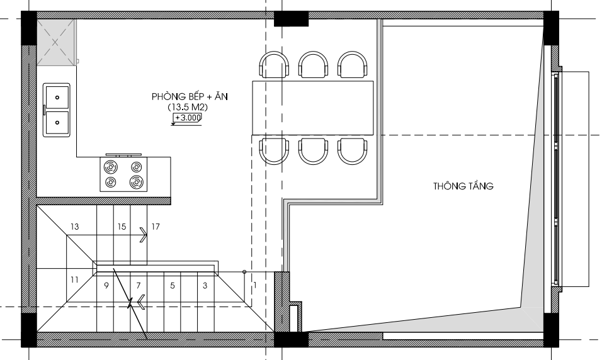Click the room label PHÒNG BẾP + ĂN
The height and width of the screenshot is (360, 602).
(190, 96)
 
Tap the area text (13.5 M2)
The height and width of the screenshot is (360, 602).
(188, 107)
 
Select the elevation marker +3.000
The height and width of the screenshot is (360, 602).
(187, 118)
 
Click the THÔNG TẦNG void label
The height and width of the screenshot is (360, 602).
(463, 186)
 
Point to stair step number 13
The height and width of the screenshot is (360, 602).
(75, 227)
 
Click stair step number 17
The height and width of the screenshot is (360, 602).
(156, 227)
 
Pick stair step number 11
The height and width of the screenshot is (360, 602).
(74, 280)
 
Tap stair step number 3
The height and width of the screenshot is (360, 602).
(205, 286)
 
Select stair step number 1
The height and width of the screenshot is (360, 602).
(255, 285)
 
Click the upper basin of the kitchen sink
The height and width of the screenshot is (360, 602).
(57, 98)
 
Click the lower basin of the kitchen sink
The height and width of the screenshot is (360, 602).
(57, 123)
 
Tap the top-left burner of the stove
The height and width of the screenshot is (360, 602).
(111, 167)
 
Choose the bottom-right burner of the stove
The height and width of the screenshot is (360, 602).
(136, 182)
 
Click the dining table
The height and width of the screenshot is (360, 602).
(312, 108)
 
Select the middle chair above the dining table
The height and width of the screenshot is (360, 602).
(314, 64)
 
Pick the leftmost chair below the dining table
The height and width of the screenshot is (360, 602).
(274, 151)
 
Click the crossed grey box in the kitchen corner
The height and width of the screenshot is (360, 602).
(55, 42)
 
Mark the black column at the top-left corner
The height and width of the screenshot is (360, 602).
(29, 28)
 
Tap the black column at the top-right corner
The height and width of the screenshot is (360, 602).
(551, 28)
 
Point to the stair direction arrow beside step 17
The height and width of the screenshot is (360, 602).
(143, 235)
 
